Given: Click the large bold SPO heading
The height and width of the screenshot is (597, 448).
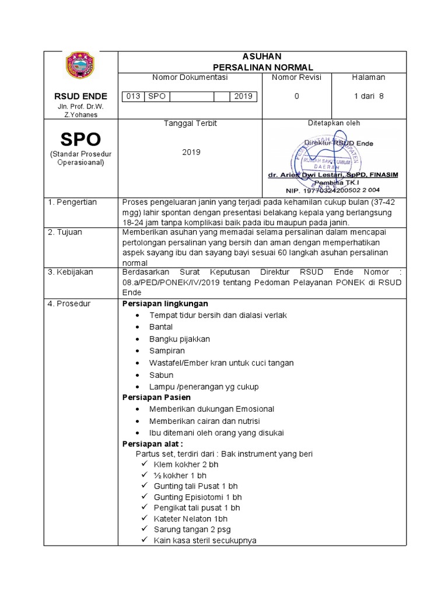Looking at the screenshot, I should [x=80, y=139].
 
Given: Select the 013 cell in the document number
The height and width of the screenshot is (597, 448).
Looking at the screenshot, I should [x=133, y=96].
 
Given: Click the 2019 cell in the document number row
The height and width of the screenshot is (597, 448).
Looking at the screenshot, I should [x=243, y=96].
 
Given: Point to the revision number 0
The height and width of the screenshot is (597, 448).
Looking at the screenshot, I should [x=296, y=96].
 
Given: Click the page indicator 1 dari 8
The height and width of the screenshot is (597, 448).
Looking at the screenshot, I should [x=369, y=96].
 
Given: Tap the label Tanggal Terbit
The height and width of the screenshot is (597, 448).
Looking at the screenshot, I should [x=190, y=123].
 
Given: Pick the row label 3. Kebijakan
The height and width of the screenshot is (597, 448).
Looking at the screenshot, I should [x=71, y=272].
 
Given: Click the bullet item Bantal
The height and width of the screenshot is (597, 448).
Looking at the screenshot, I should [x=161, y=327].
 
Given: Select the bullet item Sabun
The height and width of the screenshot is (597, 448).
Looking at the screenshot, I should [x=161, y=375].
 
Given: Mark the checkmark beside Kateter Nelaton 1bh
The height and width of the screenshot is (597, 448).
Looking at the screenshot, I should [x=145, y=518].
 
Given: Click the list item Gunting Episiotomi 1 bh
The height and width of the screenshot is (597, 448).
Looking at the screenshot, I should [x=197, y=497].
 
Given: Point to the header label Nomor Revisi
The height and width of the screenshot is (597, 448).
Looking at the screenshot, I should [x=296, y=77].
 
